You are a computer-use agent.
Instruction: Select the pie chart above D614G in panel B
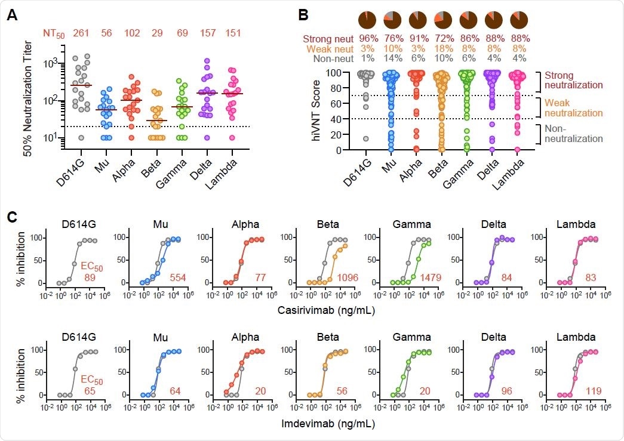[368, 20]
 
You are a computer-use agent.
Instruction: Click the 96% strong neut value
[368, 39]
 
